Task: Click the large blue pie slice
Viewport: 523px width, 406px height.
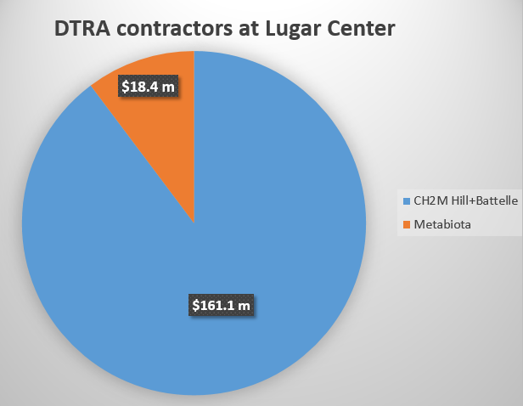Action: [255, 255]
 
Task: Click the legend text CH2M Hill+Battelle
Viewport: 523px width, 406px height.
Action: [465, 201]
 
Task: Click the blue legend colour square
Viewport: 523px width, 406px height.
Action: [406, 201]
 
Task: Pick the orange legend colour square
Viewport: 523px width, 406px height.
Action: [406, 224]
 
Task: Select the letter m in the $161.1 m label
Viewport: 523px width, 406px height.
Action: [247, 303]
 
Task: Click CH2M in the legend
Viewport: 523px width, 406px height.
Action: [428, 201]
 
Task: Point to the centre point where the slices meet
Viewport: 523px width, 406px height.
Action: [194, 223]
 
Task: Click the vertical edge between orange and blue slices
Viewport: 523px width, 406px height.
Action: [194, 136]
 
